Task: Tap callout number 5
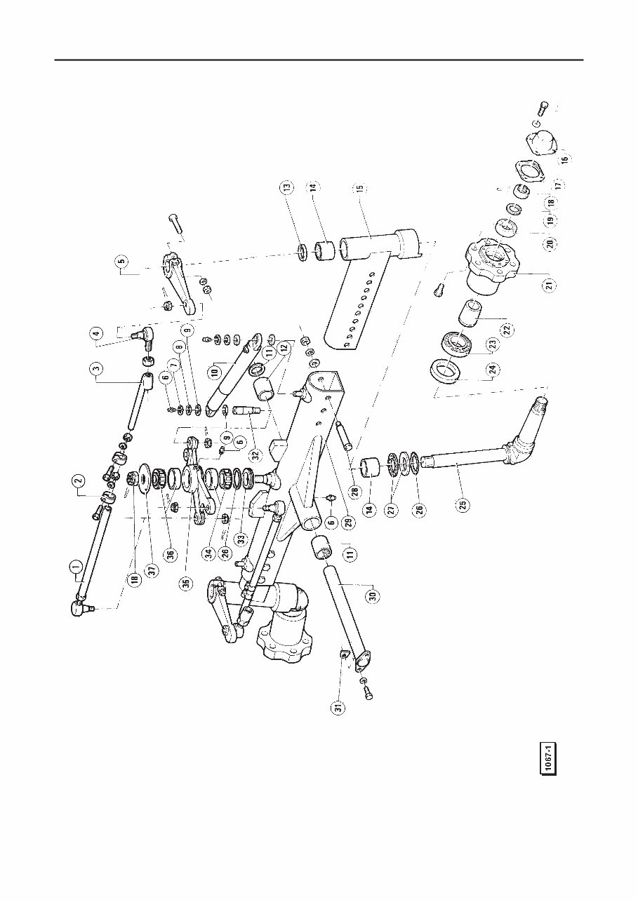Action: click(x=121, y=264)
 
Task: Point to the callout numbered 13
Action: click(x=286, y=187)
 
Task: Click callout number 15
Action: click(x=358, y=189)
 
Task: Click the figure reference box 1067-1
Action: click(x=548, y=758)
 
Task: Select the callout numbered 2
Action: click(x=79, y=481)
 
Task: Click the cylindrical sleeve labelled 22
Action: click(x=470, y=312)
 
